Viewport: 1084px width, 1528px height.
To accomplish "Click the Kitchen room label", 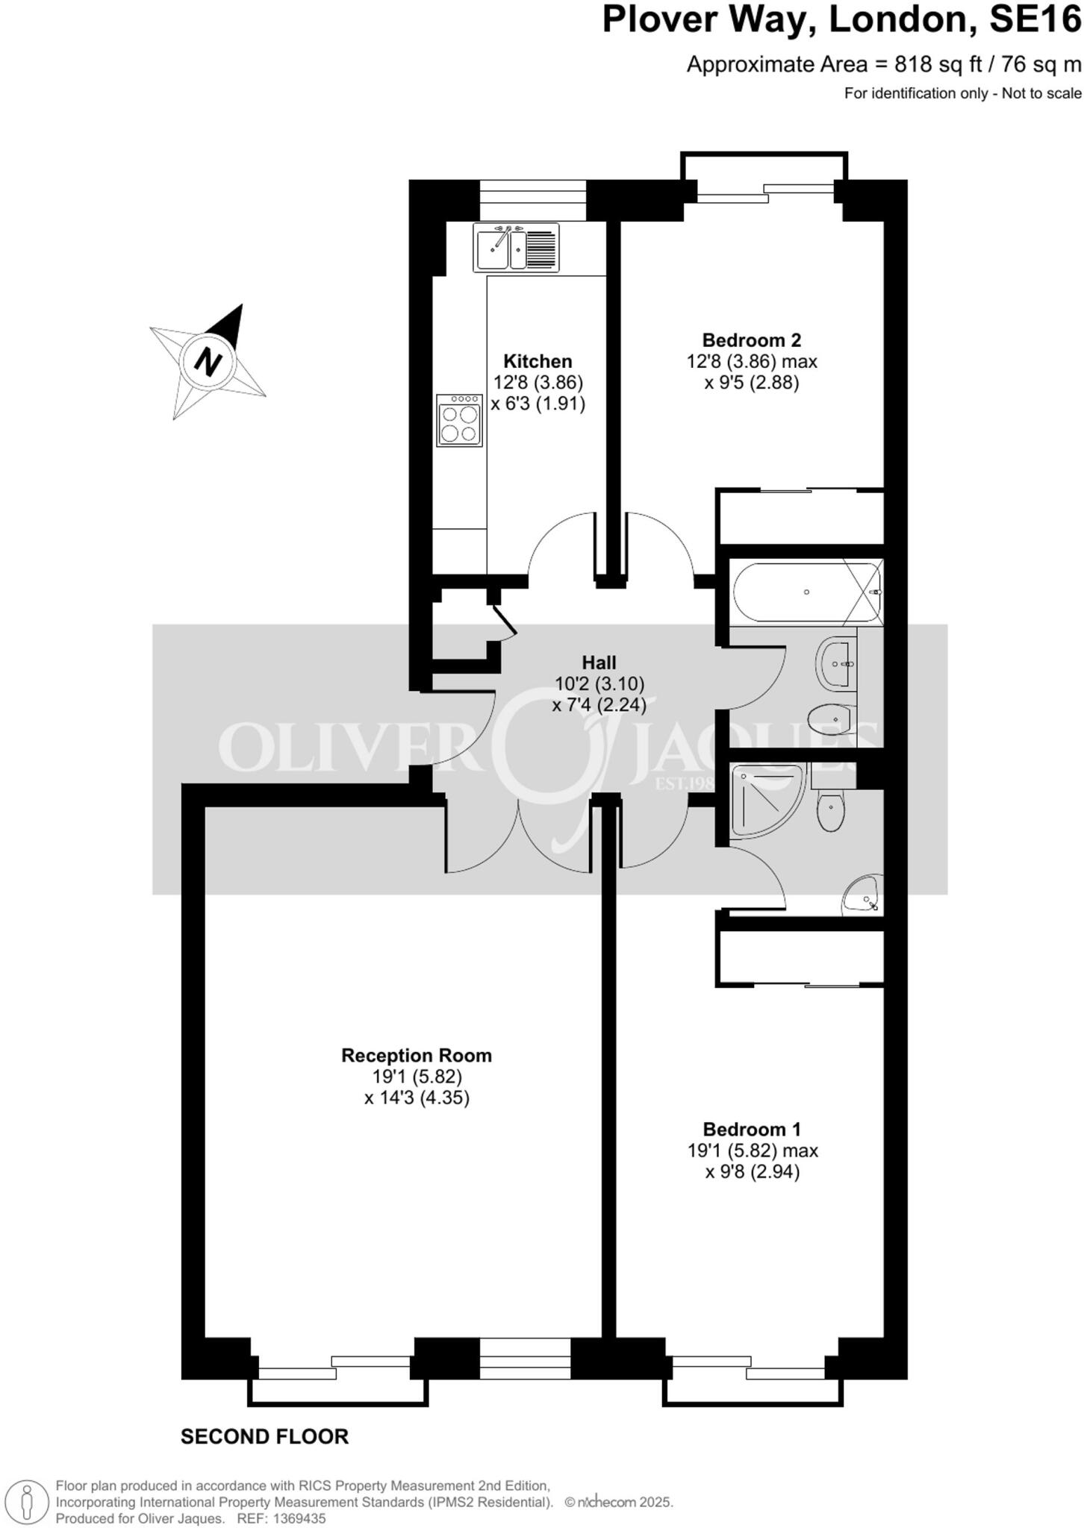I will click(538, 361).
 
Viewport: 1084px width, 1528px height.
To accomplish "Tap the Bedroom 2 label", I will click(752, 340).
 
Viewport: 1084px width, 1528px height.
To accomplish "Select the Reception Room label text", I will click(417, 1055).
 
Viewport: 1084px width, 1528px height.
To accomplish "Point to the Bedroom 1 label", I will click(753, 1129).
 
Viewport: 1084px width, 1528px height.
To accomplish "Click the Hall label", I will click(599, 663).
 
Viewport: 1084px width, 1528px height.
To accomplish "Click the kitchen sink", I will click(516, 248).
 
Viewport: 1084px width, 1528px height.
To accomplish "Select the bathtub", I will click(806, 592).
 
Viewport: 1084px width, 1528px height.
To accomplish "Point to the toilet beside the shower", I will click(831, 811).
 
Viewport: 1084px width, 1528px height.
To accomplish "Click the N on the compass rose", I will click(208, 362).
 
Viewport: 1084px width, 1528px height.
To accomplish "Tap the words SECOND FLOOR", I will click(264, 1437).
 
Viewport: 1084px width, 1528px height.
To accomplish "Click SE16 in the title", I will click(1035, 20).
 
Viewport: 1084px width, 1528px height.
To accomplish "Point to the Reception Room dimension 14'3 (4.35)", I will click(417, 1098).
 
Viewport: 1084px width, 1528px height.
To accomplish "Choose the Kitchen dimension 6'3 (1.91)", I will click(538, 404).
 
